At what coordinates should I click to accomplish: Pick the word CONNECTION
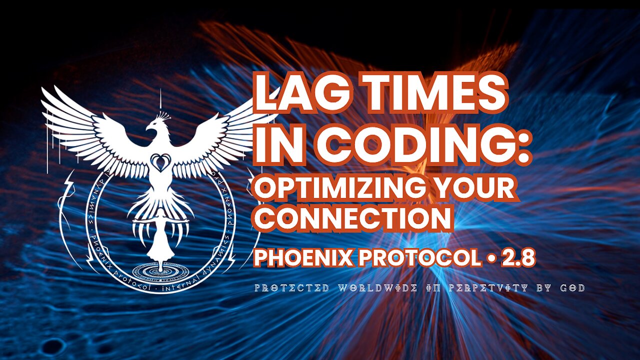point(353,218)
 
